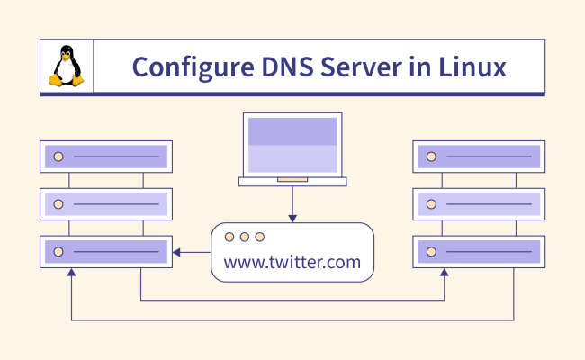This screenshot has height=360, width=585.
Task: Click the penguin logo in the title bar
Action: (x=66, y=67)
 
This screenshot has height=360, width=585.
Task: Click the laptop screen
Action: (x=292, y=144)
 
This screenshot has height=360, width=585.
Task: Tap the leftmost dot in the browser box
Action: (x=229, y=237)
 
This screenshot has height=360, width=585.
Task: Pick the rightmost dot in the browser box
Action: (x=260, y=237)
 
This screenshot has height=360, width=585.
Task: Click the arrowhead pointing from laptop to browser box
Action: (x=292, y=218)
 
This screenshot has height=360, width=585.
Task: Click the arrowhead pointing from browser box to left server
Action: (x=176, y=251)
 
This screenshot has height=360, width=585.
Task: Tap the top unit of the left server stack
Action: (x=106, y=157)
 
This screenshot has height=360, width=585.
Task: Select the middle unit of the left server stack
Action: (x=106, y=204)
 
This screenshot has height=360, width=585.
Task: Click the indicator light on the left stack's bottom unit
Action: (x=58, y=251)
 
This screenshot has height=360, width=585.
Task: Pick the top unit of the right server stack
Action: (x=479, y=157)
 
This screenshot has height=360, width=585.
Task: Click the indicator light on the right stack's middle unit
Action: (x=431, y=204)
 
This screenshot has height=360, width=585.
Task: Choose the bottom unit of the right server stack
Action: (x=479, y=251)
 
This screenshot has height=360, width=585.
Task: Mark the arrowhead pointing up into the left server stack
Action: (x=71, y=273)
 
